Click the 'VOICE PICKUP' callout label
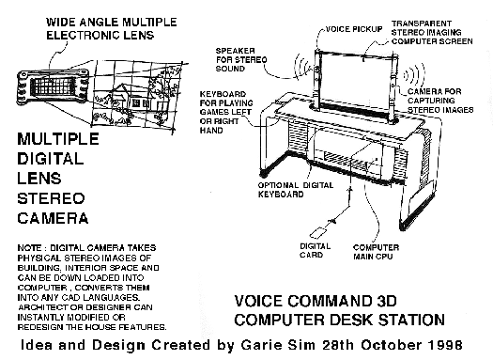pos(354,29)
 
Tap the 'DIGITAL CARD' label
pos(315,250)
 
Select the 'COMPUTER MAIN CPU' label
pos(376,252)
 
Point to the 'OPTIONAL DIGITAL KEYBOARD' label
pos(296,190)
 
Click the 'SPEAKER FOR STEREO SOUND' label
pos(241,59)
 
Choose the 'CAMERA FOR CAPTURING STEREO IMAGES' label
pos(440,101)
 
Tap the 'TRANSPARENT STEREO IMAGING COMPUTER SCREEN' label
pos(432,32)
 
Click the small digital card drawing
pos(318,232)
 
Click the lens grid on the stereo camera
pos(53,86)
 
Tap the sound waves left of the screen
pos(301,67)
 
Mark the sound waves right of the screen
pos(414,75)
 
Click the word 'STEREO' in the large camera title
pos(51,199)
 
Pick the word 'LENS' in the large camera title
pos(39,179)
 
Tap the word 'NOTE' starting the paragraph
pos(29,248)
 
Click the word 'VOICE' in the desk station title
pos(258,301)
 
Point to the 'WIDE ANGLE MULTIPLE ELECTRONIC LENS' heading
pos(112,28)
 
